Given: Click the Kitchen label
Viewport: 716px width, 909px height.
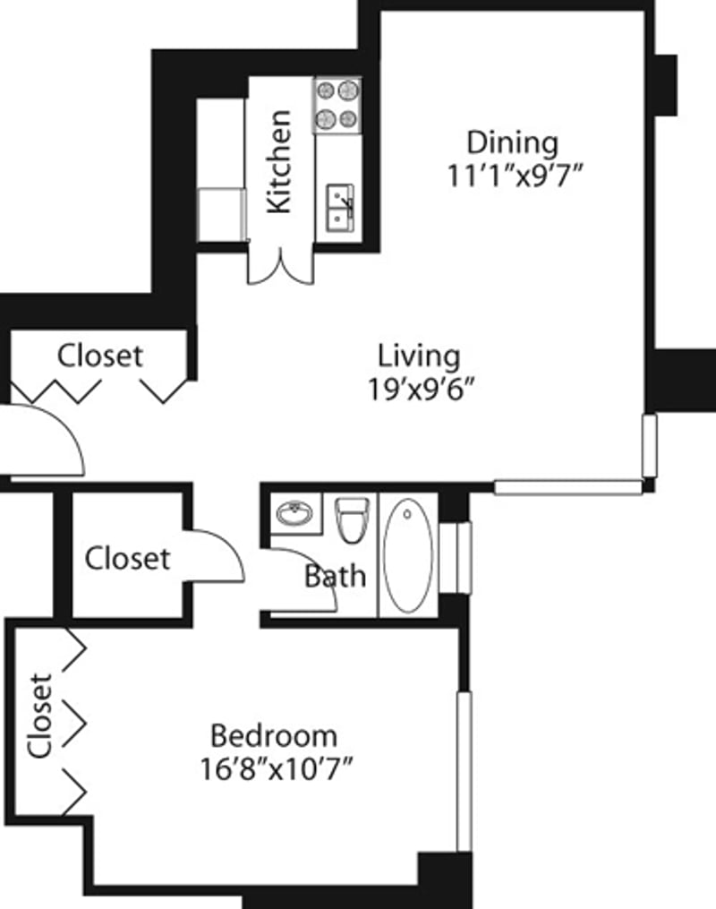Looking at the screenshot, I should pos(280,161).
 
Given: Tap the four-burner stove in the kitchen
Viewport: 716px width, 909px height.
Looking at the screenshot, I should pos(337,104).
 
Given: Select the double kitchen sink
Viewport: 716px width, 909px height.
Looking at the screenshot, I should pos(340,207).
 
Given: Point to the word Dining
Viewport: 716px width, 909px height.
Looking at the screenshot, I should pos(513,142).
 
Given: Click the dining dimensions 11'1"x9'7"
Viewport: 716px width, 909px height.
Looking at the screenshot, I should pos(516,174).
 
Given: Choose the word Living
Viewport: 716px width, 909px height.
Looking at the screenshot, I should pos(419,356).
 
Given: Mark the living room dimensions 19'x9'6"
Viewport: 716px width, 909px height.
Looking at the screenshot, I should pos(419,390).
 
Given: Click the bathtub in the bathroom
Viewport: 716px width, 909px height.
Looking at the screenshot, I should pos(408,554).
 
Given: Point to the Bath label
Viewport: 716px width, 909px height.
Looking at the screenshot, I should pos(335,576).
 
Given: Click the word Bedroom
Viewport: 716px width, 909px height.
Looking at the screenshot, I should pos(274,736).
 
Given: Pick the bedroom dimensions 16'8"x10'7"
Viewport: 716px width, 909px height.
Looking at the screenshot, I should pos(275,768).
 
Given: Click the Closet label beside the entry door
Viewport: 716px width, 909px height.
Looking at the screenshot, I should pos(99,356).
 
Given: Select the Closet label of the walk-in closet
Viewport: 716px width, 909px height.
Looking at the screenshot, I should pos(127,559).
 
